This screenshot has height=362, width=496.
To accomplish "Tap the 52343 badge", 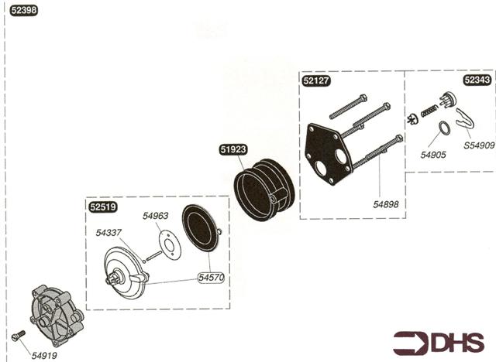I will pyautogui.click(x=476, y=79).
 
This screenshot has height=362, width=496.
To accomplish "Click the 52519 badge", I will pyautogui.click(x=102, y=207).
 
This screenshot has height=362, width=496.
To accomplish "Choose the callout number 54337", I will pyautogui.click(x=110, y=232).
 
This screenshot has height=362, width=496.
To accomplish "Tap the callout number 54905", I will pyautogui.click(x=433, y=155).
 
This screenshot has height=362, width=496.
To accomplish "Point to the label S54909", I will pyautogui.click(x=478, y=145).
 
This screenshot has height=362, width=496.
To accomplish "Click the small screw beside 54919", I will pyautogui.click(x=20, y=335).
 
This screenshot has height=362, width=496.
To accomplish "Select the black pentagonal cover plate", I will pyautogui.click(x=329, y=155).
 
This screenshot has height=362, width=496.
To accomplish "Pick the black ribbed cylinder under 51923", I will pyautogui.click(x=263, y=190).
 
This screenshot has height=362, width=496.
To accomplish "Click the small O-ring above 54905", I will pyautogui.click(x=443, y=128).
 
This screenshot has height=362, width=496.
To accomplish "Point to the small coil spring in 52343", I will pyautogui.click(x=429, y=114).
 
